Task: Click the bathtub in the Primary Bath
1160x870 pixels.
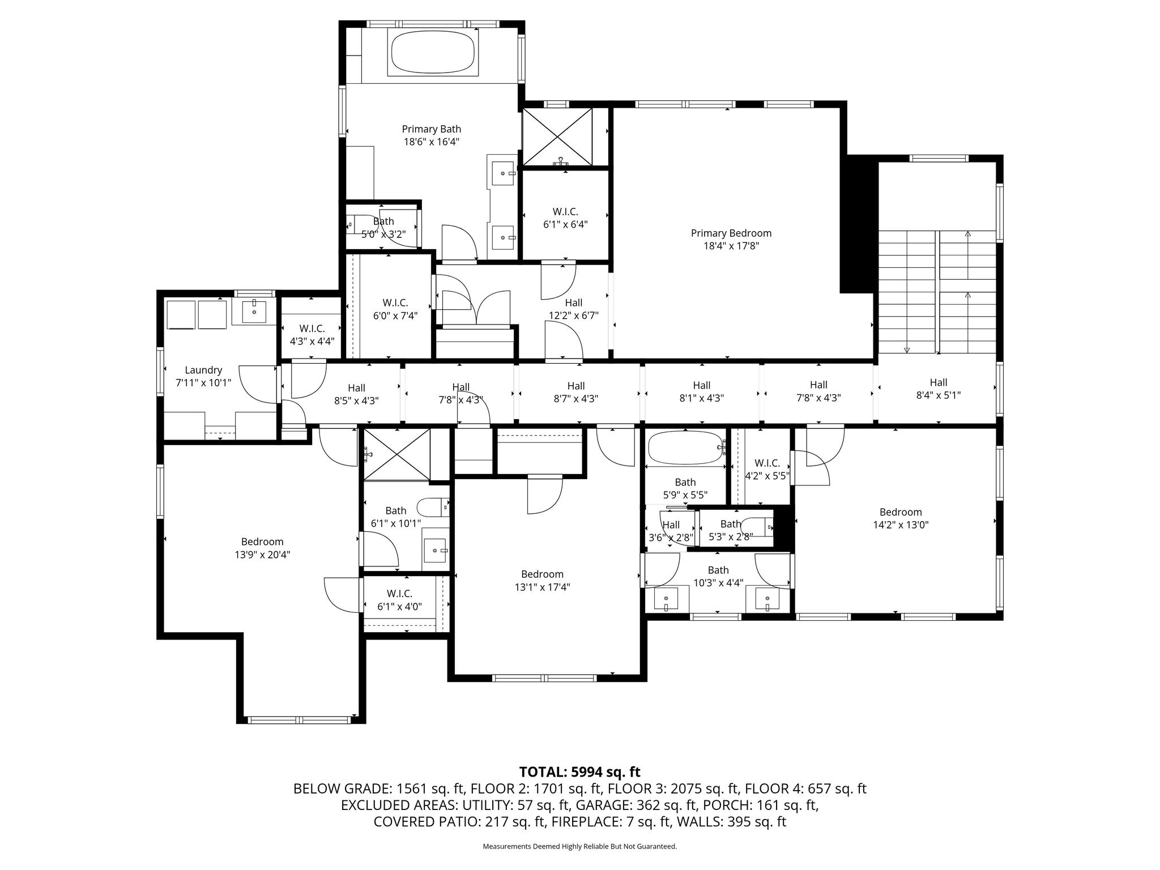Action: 433,53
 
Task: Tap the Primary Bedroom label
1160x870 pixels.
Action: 731,233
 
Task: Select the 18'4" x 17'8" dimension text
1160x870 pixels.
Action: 731,246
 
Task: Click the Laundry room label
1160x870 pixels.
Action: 203,370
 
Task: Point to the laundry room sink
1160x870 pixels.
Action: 254,311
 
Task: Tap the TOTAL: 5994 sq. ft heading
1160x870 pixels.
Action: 579,771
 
